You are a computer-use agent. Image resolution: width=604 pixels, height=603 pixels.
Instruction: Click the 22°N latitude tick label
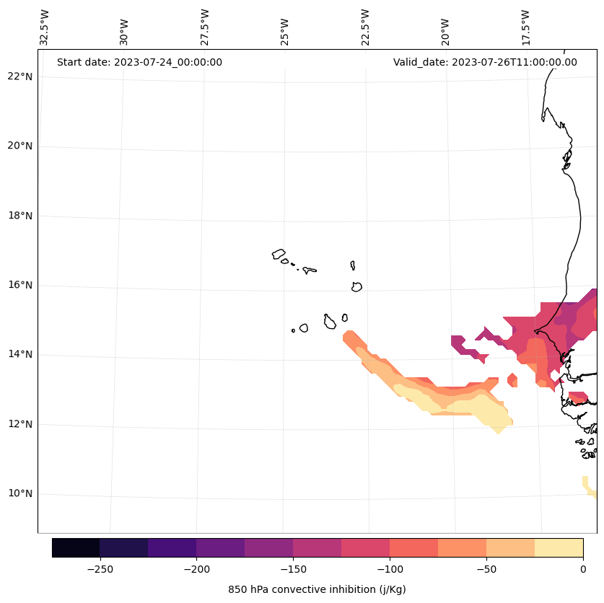point(20,76)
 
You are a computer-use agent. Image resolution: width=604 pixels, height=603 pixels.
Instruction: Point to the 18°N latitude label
point(20,216)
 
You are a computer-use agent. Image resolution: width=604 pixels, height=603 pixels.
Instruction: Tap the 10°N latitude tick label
point(20,494)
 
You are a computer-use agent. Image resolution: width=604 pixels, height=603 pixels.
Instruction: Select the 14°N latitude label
point(20,355)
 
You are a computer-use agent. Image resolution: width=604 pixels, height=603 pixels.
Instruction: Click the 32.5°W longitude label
point(45,27)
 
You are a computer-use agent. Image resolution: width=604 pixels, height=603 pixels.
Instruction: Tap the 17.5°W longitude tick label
point(526,27)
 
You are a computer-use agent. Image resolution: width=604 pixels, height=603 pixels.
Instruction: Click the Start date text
point(139,62)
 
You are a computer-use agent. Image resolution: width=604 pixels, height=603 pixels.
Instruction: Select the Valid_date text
point(485,62)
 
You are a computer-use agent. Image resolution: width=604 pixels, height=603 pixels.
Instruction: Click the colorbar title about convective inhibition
point(317,589)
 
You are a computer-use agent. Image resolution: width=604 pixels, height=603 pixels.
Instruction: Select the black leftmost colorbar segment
point(76,547)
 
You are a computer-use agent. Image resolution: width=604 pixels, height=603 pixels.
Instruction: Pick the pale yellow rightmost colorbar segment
point(559,547)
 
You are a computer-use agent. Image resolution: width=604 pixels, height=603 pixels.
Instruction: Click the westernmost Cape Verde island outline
point(279,254)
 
